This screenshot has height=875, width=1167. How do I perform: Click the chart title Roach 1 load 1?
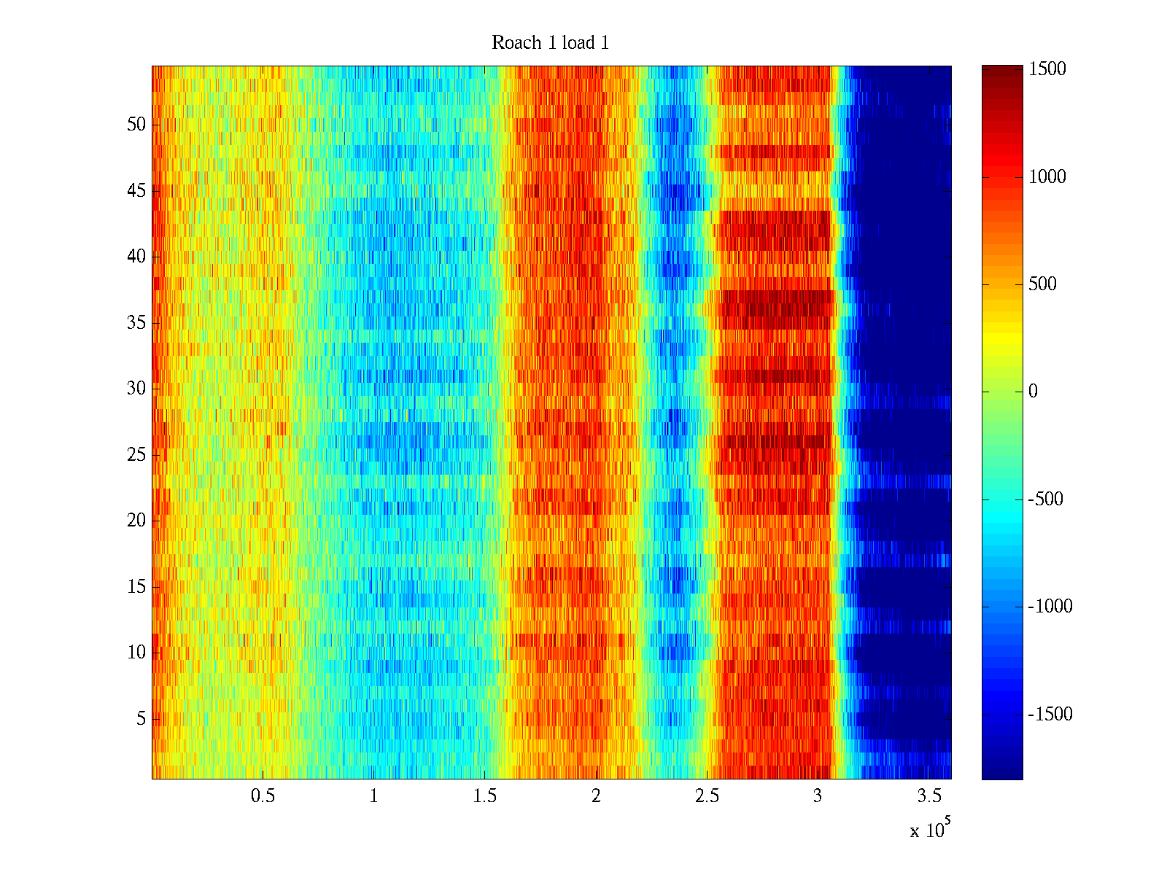[x=550, y=43]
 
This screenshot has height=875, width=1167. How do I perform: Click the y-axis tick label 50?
[x=136, y=125]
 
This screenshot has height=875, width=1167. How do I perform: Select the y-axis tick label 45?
[x=136, y=191]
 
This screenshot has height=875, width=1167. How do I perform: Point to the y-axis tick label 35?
[x=136, y=323]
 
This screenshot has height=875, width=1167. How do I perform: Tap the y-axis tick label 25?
[x=136, y=455]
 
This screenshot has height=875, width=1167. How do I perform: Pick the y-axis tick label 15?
[x=136, y=587]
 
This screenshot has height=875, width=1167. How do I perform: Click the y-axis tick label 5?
[x=141, y=719]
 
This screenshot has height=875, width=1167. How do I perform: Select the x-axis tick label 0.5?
[x=263, y=796]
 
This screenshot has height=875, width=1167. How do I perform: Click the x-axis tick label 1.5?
[x=484, y=796]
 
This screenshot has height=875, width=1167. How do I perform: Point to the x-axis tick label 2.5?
[x=707, y=796]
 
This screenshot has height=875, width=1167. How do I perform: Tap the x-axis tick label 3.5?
[x=928, y=796]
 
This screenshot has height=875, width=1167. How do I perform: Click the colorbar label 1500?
[x=1047, y=69]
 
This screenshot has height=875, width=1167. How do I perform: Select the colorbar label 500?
[x=1043, y=284]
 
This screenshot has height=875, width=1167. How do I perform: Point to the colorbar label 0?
[x=1033, y=392]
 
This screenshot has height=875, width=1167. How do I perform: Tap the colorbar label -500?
[x=1046, y=499]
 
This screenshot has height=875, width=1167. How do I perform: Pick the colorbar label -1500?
[x=1050, y=715]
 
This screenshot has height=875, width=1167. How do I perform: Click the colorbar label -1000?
[x=1050, y=607]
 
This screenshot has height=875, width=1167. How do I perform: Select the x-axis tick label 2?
[x=596, y=796]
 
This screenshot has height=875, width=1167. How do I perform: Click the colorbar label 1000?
[x=1047, y=176]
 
